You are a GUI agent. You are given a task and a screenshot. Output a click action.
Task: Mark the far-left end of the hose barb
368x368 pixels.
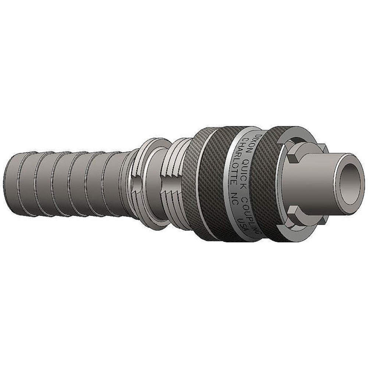click(8, 184)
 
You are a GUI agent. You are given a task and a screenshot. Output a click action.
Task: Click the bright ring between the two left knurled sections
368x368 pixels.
click(201, 184)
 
